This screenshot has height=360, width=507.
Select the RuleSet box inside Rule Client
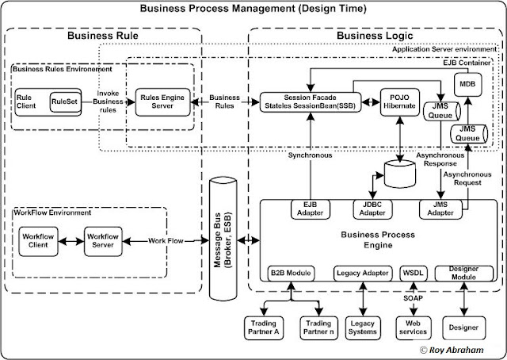pos(64,102)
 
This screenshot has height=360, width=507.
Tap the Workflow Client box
pos(39,239)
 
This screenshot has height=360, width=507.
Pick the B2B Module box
pos(292,273)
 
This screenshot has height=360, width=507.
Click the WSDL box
pos(413,273)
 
